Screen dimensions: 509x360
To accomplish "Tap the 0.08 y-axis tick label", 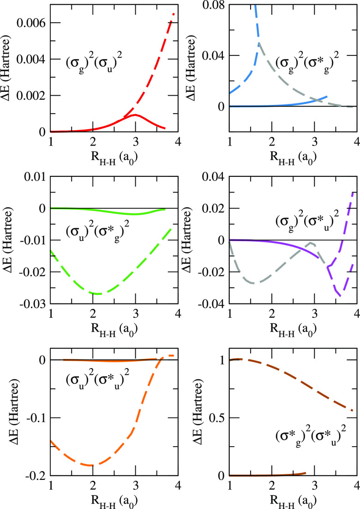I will tap(214, 5).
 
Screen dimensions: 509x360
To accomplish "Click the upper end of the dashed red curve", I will tap(174, 14).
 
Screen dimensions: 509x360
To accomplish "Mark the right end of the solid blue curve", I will tap(327, 97).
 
